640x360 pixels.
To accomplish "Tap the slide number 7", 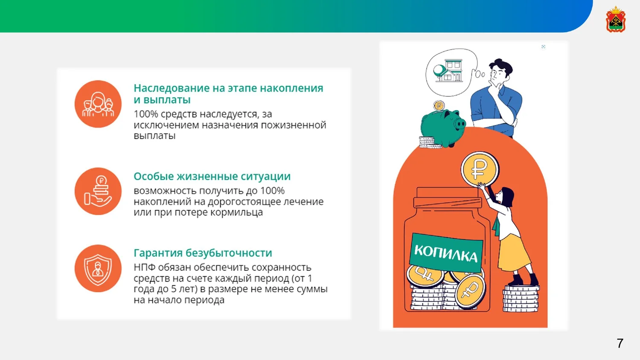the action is (620, 343).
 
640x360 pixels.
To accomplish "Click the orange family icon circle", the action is (98, 104).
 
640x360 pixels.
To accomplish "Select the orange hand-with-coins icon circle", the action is (98, 191).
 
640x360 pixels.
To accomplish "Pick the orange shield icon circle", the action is (98, 268).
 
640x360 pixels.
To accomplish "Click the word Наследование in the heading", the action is (172, 88).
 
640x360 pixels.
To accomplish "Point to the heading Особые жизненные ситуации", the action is (212, 176).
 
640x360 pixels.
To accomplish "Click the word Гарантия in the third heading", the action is (158, 253).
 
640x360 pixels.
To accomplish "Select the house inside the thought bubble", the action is (448, 70).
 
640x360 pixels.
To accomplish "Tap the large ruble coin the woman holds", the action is (480, 169).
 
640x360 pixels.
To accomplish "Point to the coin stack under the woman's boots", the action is (521, 298).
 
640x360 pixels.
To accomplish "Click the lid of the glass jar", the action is (447, 197).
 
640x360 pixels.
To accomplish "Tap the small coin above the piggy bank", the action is (439, 105).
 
